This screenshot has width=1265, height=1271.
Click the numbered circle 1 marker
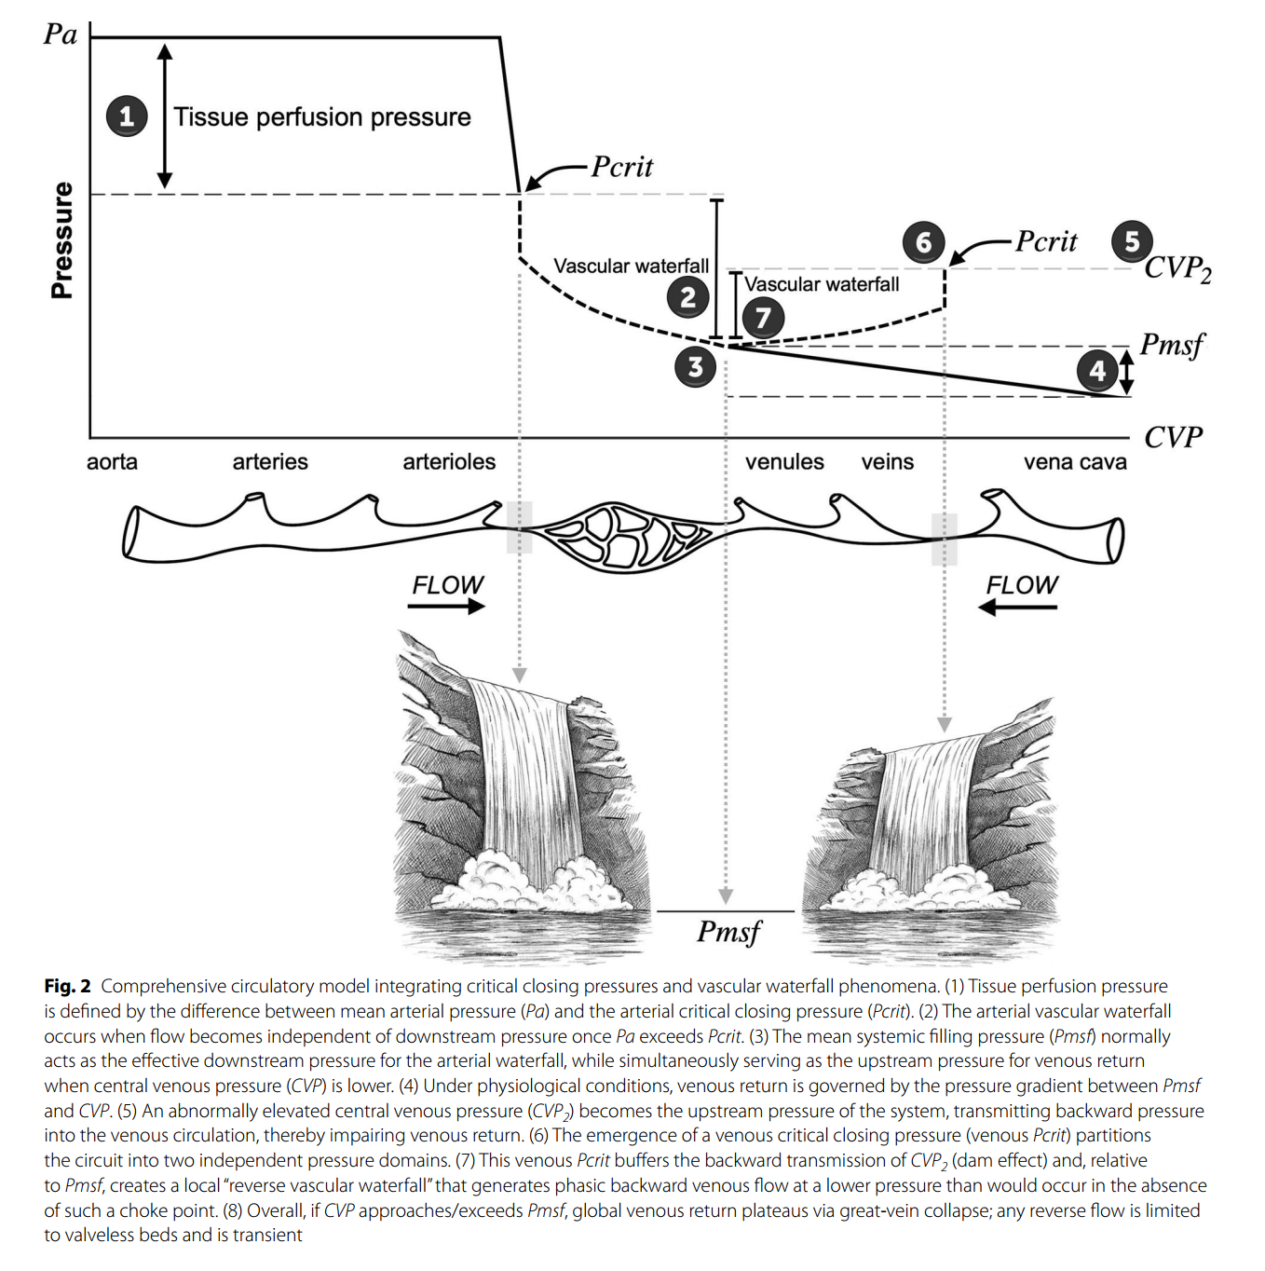[127, 116]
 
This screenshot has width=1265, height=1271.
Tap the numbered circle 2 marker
[687, 297]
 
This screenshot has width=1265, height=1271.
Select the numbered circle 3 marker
[695, 366]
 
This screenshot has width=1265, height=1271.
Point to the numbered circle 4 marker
[1096, 371]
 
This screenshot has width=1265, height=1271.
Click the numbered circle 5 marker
[1132, 241]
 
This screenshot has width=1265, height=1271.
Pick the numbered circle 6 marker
[923, 242]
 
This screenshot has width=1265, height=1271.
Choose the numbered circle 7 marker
[763, 318]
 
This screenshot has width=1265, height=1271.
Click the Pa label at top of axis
[60, 34]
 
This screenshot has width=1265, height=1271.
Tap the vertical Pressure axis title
[62, 240]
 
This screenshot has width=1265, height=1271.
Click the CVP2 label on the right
[1178, 269]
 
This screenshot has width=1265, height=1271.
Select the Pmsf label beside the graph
[1172, 345]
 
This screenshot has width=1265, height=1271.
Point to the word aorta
[112, 461]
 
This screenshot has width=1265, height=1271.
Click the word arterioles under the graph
[449, 461]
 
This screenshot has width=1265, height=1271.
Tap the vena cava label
[1075, 461]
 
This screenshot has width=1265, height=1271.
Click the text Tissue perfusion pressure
[322, 117]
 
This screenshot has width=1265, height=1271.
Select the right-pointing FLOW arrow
[446, 607]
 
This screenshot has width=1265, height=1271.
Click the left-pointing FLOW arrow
[1017, 607]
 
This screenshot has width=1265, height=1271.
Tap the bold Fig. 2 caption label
[67, 987]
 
